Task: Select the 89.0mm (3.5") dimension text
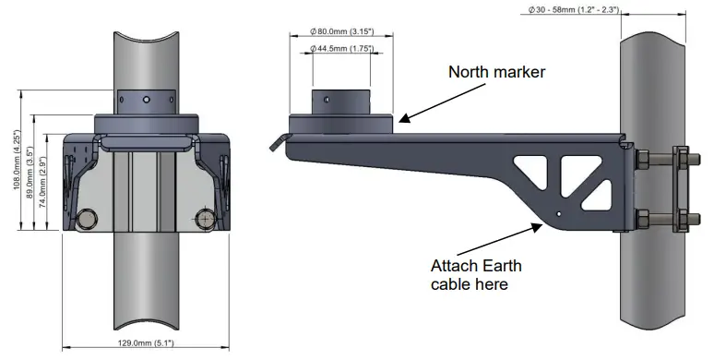[30, 172]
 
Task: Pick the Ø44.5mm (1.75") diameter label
[340, 48]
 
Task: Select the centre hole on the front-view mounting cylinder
[147, 97]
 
